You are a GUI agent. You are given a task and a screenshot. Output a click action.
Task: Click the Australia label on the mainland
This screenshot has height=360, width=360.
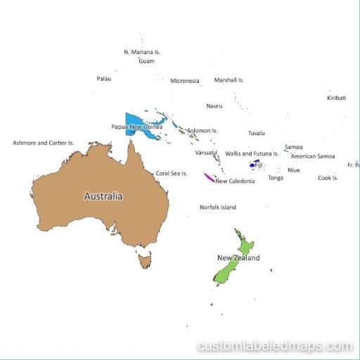[x=103, y=196]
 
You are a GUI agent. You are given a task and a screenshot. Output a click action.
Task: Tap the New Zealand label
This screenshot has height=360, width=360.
[x=238, y=258]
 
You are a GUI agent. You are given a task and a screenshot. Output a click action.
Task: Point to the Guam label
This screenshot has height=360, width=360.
[x=146, y=61]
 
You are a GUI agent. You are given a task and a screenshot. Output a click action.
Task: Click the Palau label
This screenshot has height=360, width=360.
[x=103, y=79]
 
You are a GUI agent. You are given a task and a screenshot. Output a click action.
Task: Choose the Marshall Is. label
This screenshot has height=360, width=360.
[x=229, y=80]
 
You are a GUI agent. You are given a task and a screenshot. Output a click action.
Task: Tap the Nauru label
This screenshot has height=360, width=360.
[x=214, y=106]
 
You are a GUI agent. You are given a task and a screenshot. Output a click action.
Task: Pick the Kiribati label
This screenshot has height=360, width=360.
[x=337, y=98]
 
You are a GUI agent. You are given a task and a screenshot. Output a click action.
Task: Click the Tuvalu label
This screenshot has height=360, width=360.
[x=257, y=133]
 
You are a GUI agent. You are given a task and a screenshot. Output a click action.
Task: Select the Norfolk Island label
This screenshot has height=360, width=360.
[x=218, y=207]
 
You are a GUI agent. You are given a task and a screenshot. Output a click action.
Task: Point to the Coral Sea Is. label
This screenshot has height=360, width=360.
[x=172, y=173]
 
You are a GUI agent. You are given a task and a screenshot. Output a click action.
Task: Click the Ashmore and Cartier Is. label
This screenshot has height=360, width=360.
[x=44, y=143]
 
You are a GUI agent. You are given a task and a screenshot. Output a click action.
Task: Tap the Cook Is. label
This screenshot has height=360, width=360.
[x=328, y=178]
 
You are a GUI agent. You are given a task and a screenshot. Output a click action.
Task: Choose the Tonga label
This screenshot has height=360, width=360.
[x=276, y=178]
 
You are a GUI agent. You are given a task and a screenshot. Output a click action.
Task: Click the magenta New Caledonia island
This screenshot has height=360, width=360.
[x=208, y=177]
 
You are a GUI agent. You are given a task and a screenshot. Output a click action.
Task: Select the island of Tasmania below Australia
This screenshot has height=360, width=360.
[x=146, y=262]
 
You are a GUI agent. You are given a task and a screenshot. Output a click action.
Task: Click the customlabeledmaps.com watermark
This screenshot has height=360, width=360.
[x=275, y=346]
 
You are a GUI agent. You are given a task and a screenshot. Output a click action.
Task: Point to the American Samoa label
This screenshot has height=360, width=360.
[x=313, y=156]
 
